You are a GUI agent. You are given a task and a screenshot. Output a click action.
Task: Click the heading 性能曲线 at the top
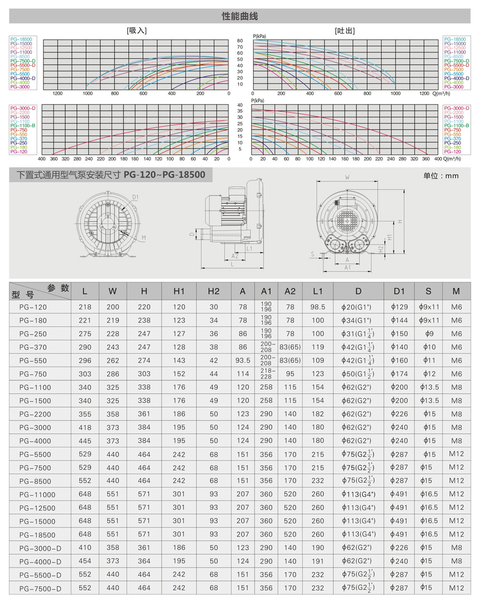coord(240,17)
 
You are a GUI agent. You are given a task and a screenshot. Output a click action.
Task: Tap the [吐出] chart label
coord(345,30)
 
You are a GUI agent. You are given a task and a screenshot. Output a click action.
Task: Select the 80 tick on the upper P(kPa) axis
coord(240,41)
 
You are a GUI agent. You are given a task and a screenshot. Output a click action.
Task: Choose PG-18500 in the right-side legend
coord(454,39)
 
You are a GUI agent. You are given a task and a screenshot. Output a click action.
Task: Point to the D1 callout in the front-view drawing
coord(135,197)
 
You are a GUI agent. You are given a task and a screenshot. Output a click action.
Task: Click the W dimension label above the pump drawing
coord(347,178)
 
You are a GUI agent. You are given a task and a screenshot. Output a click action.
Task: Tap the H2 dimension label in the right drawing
coord(381,247)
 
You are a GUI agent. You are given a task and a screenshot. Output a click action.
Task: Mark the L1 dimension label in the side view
coord(249,248)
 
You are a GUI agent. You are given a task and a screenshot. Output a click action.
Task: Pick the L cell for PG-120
coord(85,307)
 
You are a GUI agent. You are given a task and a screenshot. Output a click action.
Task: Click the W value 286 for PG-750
coord(113,374)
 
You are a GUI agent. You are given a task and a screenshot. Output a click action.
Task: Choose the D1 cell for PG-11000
coord(399,494)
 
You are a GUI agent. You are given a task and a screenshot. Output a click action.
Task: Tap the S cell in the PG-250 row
coord(429,334)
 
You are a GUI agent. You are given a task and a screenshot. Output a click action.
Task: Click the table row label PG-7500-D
coord(40,588)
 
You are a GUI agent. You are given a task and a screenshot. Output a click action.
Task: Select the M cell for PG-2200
coord(457,414)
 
